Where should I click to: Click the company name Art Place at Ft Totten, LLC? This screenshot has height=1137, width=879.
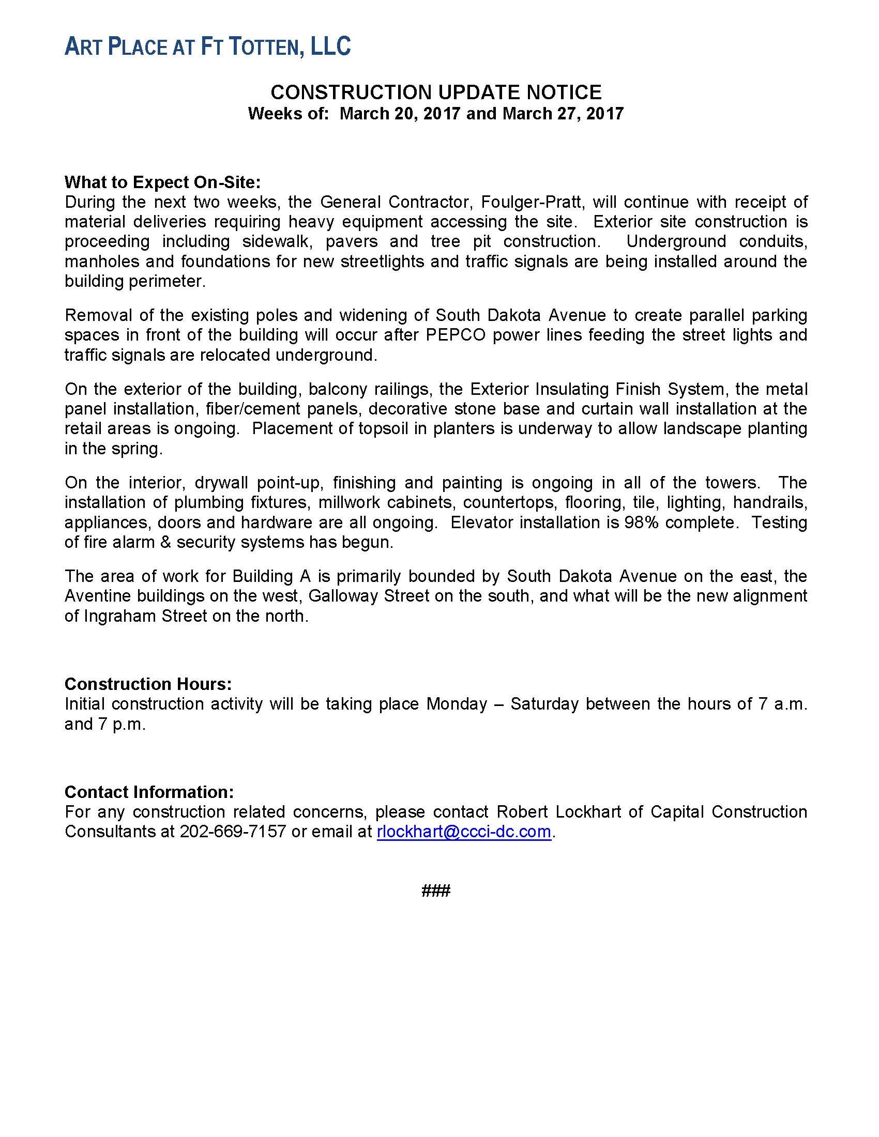207,47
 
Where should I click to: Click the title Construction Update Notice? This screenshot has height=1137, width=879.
436,93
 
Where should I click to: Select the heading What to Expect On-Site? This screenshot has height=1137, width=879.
162,182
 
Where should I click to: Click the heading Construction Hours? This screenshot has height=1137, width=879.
148,684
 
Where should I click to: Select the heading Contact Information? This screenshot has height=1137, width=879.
149,792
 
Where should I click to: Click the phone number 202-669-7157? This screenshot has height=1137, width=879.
233,832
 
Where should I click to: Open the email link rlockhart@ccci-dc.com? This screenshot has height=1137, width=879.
463,832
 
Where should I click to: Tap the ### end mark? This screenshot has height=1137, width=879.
436,891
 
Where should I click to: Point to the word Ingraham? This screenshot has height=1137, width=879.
113,616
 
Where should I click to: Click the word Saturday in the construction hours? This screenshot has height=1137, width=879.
544,704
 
